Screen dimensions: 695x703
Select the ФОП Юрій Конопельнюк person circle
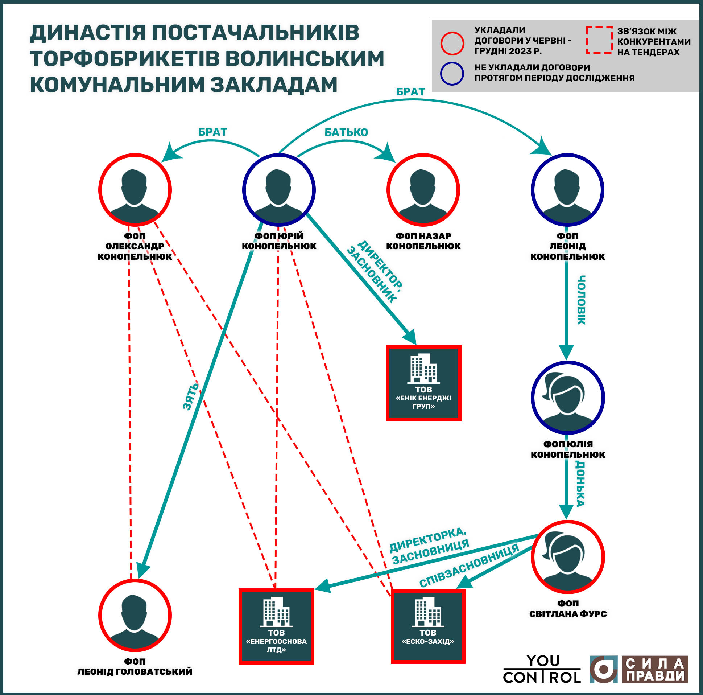coord(279,190)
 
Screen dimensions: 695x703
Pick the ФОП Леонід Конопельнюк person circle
coord(567,190)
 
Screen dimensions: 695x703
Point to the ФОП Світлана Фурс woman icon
coord(567,557)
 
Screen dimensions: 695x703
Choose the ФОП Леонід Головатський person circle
coord(135,615)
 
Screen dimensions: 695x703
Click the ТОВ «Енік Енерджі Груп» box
coord(423,383)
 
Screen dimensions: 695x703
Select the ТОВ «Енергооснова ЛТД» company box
coord(276,626)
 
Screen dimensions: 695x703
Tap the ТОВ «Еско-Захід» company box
coord(428,626)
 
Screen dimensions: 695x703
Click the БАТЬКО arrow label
coord(346,132)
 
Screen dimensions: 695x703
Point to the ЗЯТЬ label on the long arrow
coord(191,396)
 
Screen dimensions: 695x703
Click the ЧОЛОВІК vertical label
coord(582,300)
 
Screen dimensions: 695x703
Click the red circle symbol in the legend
coord(452,43)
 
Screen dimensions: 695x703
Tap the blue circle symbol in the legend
coord(452,74)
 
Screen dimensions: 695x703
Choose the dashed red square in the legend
coord(599,40)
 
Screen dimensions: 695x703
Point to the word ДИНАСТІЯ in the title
coord(87,32)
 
